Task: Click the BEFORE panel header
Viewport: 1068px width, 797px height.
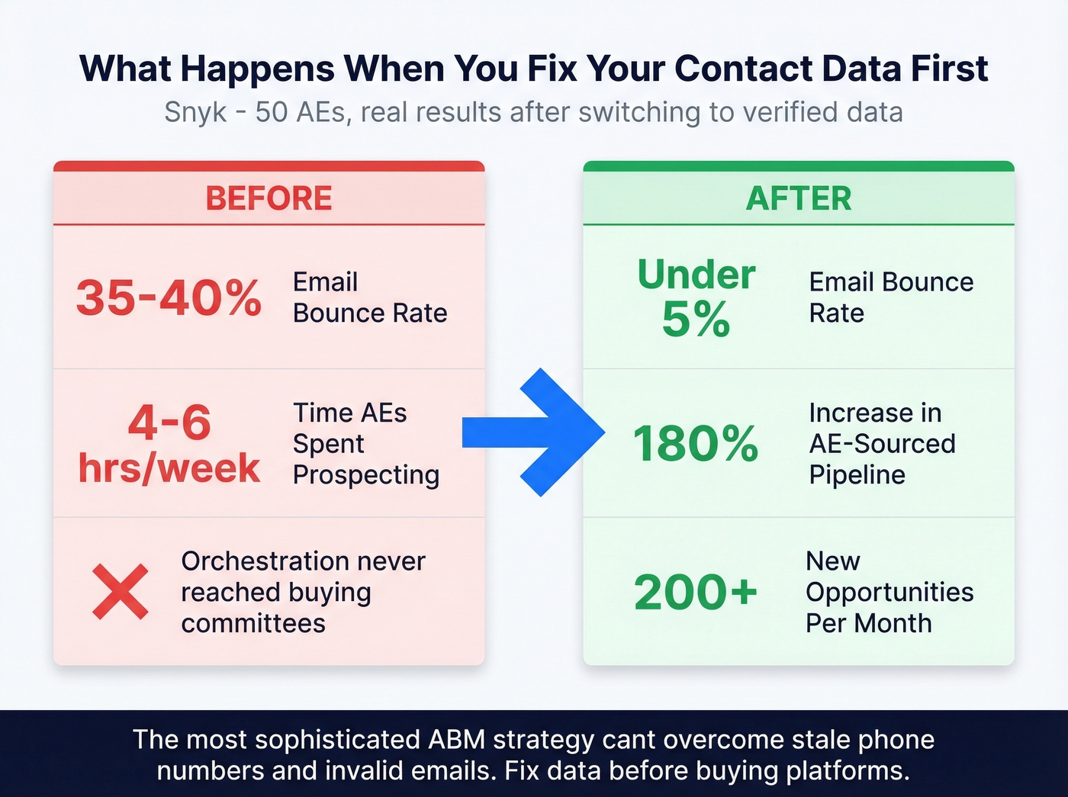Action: (x=269, y=198)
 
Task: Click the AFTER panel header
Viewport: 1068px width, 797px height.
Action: (x=798, y=198)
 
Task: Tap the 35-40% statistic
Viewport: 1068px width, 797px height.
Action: (x=169, y=297)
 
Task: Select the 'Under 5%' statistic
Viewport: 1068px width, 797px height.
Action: (x=696, y=297)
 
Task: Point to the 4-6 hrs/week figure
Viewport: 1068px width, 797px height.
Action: (x=169, y=445)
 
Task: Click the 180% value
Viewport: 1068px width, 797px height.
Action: (x=696, y=444)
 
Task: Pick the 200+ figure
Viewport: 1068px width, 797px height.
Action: (x=696, y=593)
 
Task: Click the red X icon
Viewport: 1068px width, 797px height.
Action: (x=121, y=592)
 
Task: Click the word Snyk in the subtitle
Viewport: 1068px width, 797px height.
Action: (x=195, y=112)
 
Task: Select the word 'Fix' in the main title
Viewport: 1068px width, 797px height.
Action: (x=552, y=69)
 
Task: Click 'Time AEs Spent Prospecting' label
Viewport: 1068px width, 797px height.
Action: (x=365, y=444)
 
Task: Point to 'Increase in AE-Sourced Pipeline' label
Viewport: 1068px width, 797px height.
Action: (x=882, y=444)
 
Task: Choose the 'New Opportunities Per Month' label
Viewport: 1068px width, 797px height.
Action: (x=889, y=593)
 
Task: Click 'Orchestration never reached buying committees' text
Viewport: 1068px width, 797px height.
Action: (x=303, y=593)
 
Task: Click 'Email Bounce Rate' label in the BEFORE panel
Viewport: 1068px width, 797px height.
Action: (x=369, y=297)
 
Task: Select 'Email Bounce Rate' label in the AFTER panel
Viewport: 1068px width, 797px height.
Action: (x=890, y=297)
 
